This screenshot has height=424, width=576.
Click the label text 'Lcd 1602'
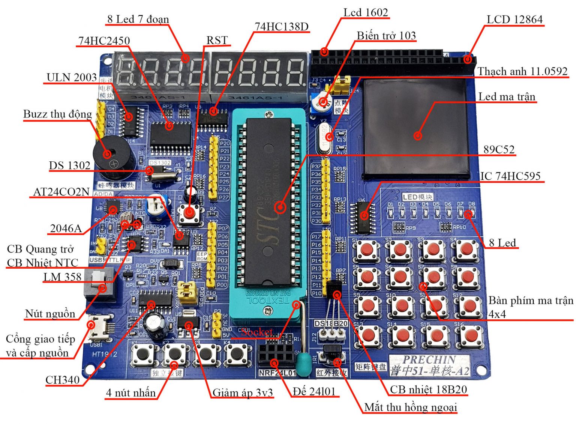(x=366, y=12)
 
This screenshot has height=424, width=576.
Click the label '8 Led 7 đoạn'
(x=138, y=19)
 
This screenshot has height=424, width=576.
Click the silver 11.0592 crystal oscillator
(x=325, y=137)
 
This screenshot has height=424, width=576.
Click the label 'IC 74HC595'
(x=510, y=176)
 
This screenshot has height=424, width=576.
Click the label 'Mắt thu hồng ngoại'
(x=411, y=407)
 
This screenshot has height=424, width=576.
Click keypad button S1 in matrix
(x=367, y=249)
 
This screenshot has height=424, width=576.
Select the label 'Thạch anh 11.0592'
(x=522, y=71)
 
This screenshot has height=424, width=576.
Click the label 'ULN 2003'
(x=72, y=77)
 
